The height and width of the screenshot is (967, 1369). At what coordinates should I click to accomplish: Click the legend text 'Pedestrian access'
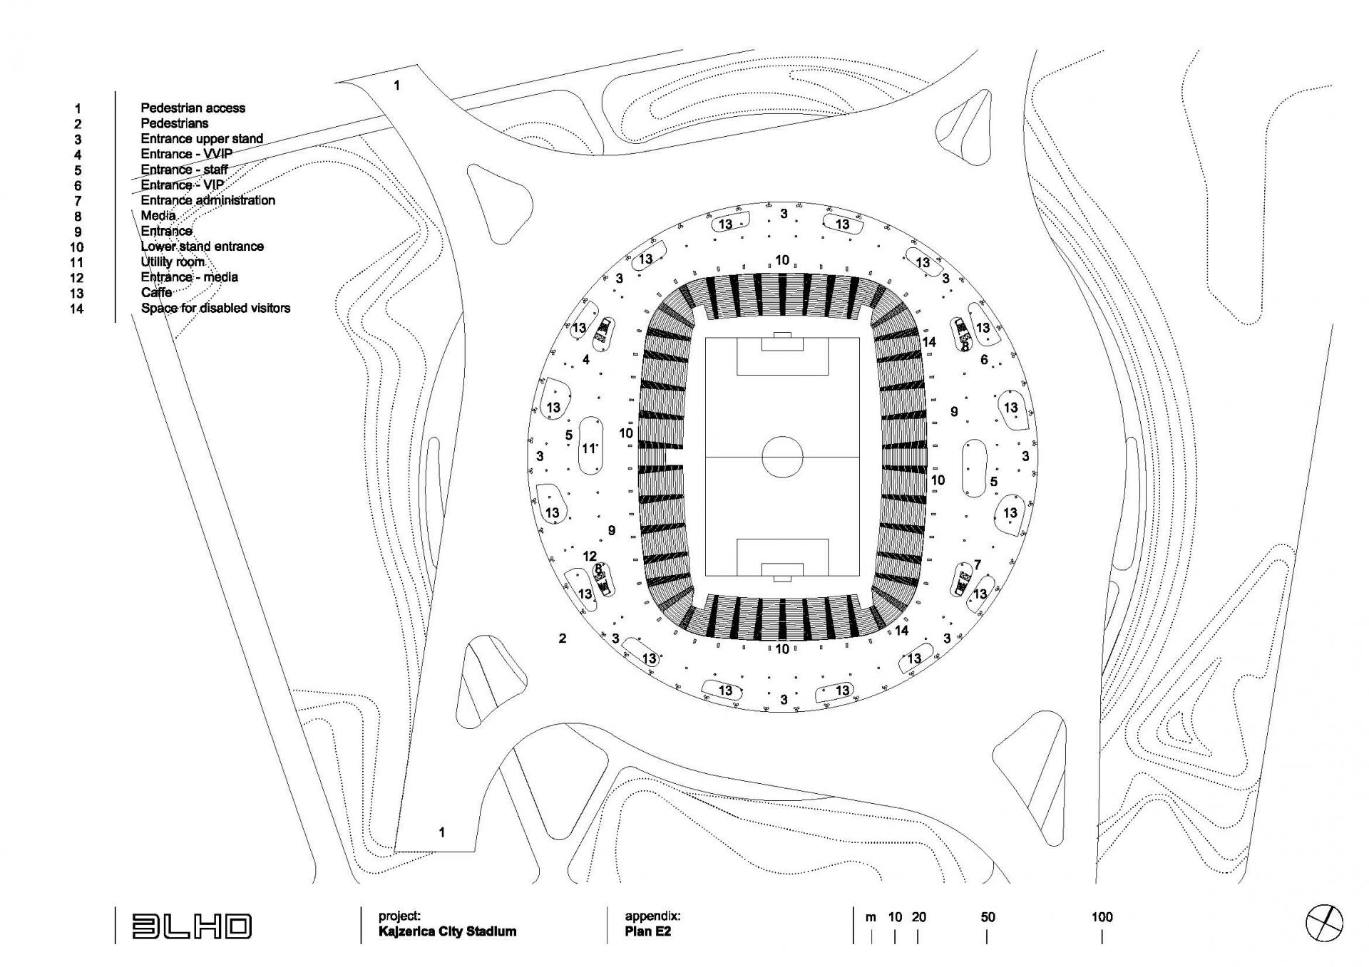(193, 108)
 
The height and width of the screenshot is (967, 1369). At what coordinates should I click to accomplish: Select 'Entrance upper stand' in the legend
(202, 139)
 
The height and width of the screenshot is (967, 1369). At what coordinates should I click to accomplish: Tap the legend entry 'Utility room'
(173, 262)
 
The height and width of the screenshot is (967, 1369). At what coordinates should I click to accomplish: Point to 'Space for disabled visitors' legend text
(215, 309)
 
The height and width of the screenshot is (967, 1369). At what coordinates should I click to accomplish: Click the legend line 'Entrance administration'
(207, 201)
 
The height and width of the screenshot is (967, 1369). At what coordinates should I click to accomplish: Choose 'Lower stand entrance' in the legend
(202, 247)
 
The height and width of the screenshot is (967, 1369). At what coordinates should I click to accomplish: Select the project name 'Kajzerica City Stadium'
(447, 932)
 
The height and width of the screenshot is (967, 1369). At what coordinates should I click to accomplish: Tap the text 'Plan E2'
(647, 932)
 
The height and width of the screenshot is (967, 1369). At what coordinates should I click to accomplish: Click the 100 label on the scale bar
(1102, 918)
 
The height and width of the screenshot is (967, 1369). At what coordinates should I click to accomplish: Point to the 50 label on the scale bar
(988, 918)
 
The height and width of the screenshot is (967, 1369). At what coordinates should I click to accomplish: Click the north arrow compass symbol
(1324, 924)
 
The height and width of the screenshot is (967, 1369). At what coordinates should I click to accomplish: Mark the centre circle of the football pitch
(782, 456)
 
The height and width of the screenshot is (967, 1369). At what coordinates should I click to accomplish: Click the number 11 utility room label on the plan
(588, 449)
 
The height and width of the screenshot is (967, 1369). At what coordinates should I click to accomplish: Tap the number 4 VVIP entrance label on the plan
(586, 360)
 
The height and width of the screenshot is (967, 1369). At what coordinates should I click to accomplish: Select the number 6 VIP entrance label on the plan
(984, 360)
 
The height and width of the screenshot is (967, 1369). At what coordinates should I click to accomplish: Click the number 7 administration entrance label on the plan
(978, 564)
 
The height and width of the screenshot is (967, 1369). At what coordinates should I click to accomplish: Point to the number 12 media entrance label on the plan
(590, 557)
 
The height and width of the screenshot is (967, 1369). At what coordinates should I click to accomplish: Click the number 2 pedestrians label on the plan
(563, 638)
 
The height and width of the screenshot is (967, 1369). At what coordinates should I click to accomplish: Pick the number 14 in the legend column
(76, 309)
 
